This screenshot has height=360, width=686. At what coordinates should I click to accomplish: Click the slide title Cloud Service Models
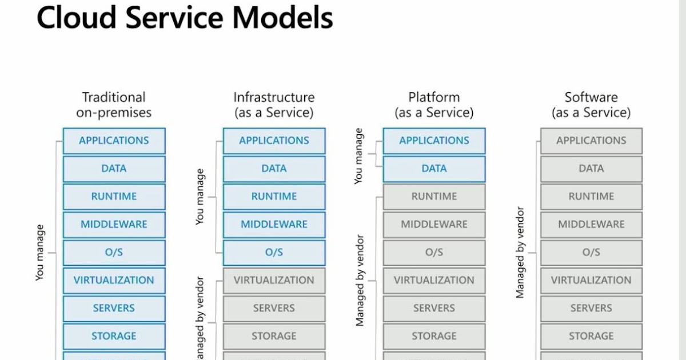coord(184,18)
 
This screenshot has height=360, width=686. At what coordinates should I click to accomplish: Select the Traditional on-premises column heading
coord(114,105)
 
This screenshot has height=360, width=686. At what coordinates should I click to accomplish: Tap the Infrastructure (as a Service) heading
coord(274,105)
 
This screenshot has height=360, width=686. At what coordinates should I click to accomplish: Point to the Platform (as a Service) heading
coord(434,105)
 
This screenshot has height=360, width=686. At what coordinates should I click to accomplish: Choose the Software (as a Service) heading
coord(591,105)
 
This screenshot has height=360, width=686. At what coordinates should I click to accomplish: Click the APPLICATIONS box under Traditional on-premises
coord(114,141)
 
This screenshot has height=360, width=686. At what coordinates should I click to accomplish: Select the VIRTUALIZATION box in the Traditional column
coord(114,281)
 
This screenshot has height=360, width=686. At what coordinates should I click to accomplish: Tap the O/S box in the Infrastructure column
coord(274,253)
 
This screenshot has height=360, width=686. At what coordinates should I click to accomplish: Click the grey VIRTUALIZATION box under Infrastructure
coord(274,281)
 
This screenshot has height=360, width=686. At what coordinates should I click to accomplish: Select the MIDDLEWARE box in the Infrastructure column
coord(274,225)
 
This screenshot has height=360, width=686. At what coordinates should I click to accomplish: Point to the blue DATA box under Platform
coord(434,169)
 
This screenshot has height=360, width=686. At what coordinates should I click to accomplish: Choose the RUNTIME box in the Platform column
coord(434,197)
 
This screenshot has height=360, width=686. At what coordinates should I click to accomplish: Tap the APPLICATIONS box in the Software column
coord(591,141)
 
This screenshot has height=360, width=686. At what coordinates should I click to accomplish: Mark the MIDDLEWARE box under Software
coord(591,225)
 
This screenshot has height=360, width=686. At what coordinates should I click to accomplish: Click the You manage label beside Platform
coord(359,155)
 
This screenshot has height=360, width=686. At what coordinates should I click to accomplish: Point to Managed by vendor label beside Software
coord(520,253)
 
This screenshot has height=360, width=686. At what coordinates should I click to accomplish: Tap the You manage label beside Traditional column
coord(40,253)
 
